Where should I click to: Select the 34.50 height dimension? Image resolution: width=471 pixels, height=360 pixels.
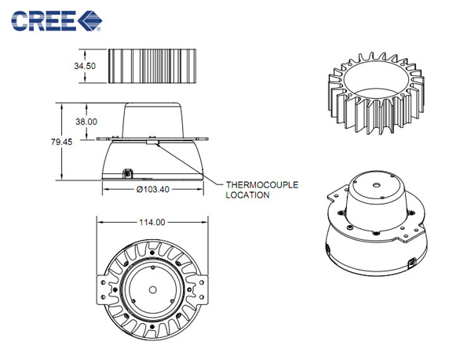[85, 66]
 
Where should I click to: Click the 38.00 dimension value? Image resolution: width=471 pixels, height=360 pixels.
[86, 122]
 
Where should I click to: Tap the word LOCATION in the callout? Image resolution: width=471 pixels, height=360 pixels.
[247, 195]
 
